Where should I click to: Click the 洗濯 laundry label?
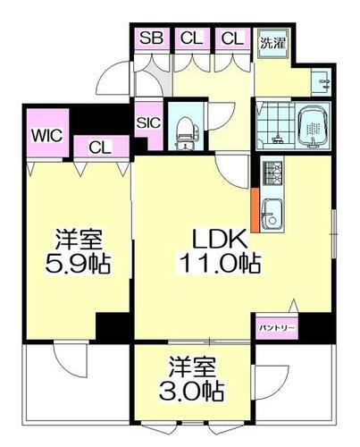pos(272,42)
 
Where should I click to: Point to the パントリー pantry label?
pos(276,329)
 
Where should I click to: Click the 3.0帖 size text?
pos(194,390)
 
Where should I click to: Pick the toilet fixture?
pos(186,131)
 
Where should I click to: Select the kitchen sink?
pos(273,214)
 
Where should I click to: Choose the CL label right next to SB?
pos(190,38)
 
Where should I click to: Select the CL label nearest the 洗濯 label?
pos(231,38)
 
